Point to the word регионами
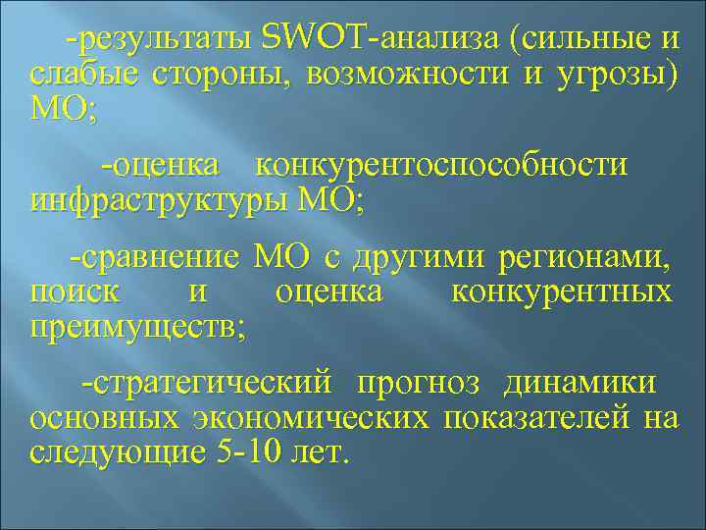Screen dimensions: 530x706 (x=586, y=258)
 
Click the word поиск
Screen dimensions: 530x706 (x=76, y=291)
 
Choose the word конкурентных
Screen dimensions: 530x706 (x=561, y=291)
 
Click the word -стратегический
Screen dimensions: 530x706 (x=209, y=383)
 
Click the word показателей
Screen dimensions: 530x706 (x=537, y=418)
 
